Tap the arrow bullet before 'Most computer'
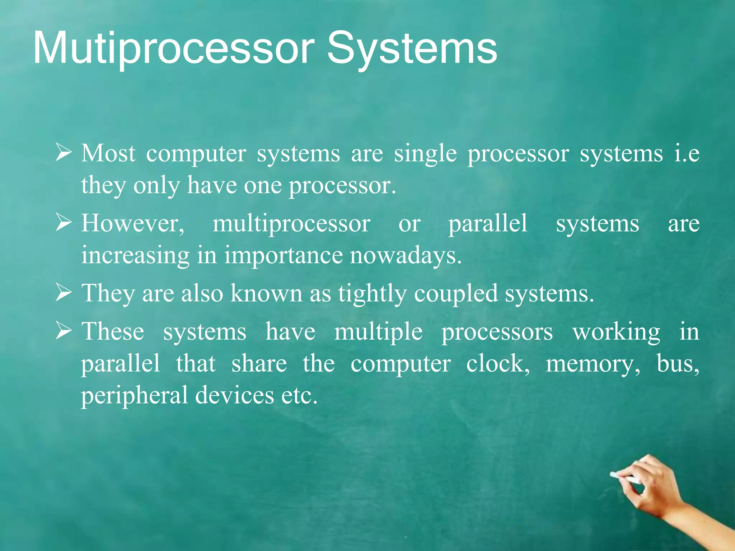pyautogui.click(x=64, y=153)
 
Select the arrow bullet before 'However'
pyautogui.click(x=64, y=223)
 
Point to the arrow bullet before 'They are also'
pyautogui.click(x=64, y=293)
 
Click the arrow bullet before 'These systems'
pyautogui.click(x=64, y=331)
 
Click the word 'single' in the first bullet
pyautogui.click(x=425, y=154)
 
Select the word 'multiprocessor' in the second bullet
pyautogui.click(x=291, y=224)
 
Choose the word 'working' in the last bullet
pyautogui.click(x=616, y=332)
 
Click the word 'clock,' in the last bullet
pyautogui.click(x=498, y=364)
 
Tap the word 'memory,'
pyautogui.click(x=593, y=364)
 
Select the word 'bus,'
pyautogui.click(x=678, y=364)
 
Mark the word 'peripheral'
pyautogui.click(x=134, y=396)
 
